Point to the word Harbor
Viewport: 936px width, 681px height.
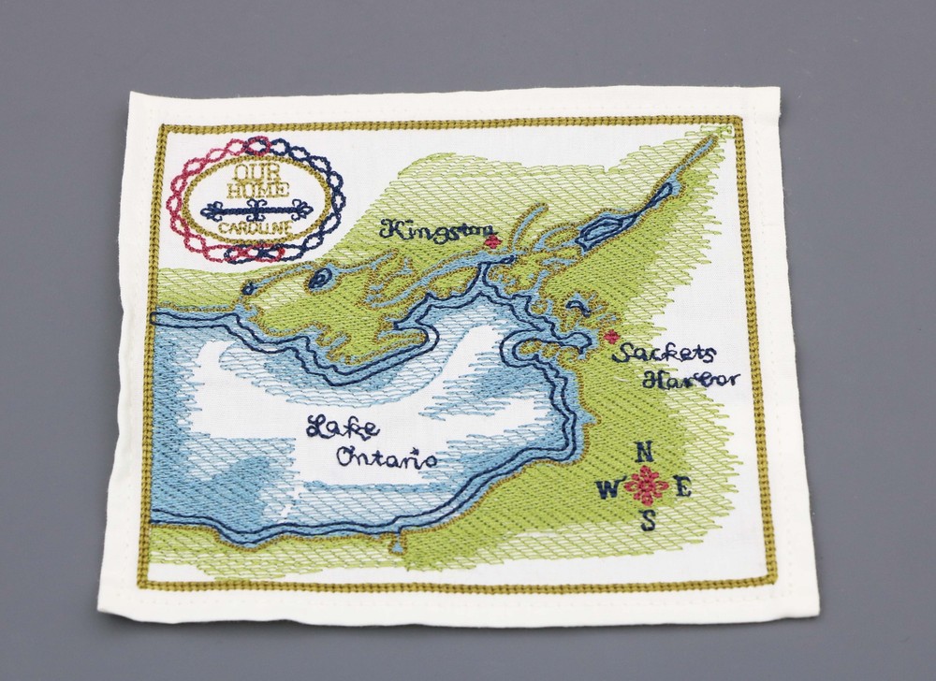pyautogui.click(x=692, y=379)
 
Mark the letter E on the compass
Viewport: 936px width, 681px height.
pyautogui.click(x=682, y=486)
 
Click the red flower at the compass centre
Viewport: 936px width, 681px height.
pyautogui.click(x=646, y=486)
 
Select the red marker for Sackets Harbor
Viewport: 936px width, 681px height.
pyautogui.click(x=611, y=337)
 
